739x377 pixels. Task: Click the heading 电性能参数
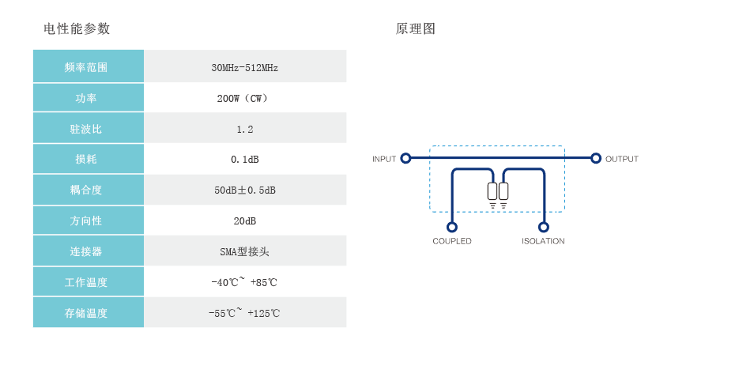pos(77,29)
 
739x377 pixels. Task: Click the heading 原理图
pos(416,29)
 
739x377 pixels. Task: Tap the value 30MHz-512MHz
pos(245,68)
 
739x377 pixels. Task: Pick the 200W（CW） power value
pos(245,99)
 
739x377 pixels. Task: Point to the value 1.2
pos(245,129)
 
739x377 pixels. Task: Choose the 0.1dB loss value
pos(245,160)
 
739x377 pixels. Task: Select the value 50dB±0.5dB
pos(245,190)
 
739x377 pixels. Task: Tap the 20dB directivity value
pos(245,221)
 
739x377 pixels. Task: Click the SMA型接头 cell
pos(245,251)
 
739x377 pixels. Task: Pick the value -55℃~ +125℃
pos(245,313)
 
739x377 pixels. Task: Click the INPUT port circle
pos(405,158)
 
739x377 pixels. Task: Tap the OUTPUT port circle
pos(596,158)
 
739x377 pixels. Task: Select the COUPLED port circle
pos(452,227)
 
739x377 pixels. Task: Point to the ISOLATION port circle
pos(544,227)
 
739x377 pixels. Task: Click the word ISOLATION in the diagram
pos(543,241)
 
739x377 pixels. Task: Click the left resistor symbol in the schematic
pos(492,190)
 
